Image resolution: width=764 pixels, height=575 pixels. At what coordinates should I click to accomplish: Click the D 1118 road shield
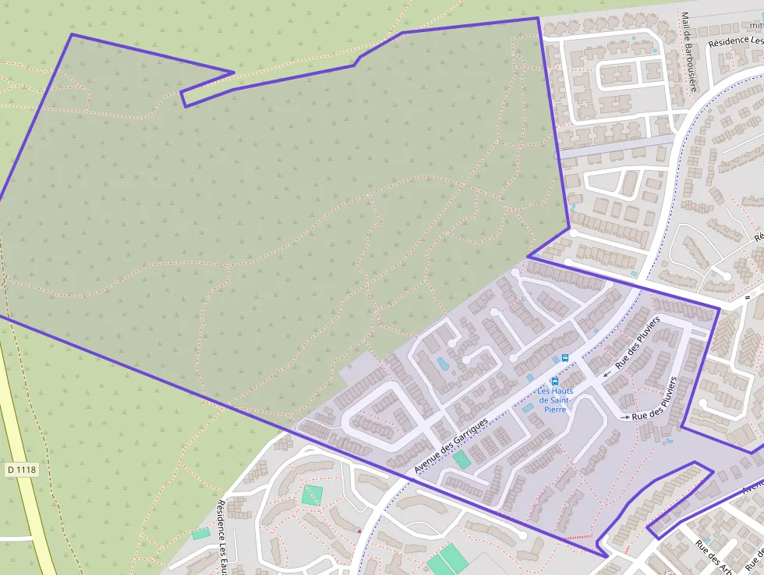[x=22, y=469]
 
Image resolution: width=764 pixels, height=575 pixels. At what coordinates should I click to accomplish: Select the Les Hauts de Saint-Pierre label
[x=555, y=399]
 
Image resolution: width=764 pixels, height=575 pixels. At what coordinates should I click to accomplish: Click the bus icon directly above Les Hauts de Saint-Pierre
[x=554, y=382]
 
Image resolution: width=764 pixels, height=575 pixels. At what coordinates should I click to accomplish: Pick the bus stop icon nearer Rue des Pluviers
[x=565, y=358]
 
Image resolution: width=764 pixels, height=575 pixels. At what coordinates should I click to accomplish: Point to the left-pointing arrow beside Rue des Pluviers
[x=607, y=374]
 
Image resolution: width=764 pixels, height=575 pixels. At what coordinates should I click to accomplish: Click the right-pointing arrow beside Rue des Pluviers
[x=624, y=417]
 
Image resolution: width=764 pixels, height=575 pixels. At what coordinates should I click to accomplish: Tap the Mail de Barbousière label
[x=687, y=51]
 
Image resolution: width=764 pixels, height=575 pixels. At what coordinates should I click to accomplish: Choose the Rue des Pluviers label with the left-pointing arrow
[x=638, y=342]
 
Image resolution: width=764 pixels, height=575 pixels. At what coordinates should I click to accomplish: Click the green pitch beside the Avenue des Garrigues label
[x=462, y=460]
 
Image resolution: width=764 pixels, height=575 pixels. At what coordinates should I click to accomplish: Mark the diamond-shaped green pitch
[x=313, y=495]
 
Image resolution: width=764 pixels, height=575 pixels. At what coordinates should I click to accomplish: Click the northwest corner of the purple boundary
[x=72, y=34]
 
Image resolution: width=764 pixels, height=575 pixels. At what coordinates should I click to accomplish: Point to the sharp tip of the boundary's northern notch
[x=234, y=73]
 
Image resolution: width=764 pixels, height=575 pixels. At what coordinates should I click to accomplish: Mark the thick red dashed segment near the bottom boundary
[x=578, y=538]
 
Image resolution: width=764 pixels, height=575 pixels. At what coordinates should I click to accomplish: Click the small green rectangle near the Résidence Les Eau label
[x=201, y=534]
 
